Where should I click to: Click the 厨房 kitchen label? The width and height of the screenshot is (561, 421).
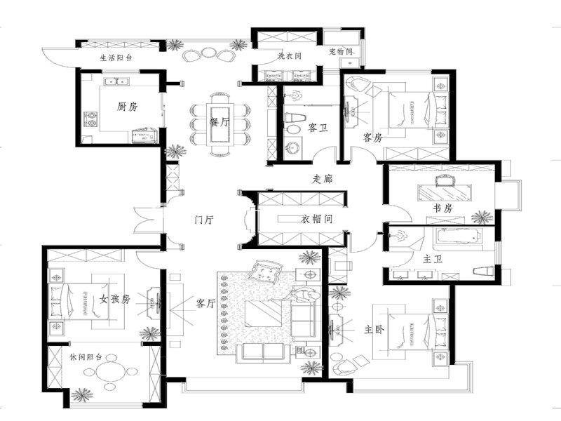tap(127, 107)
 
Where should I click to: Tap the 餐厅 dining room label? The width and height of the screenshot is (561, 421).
tap(219, 121)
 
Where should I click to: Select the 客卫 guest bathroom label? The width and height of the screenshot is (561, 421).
tap(318, 128)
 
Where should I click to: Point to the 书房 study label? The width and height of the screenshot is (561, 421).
tap(443, 208)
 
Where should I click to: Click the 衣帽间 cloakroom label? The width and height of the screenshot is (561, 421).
tap(316, 219)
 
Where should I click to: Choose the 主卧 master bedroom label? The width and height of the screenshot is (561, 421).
tap(374, 329)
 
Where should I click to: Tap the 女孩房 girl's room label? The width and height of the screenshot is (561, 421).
tap(115, 299)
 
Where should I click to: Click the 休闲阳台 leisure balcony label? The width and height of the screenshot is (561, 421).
tap(86, 357)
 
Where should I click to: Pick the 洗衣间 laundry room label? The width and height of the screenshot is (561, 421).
tap(290, 56)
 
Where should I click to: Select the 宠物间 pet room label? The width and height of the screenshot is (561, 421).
tap(341, 51)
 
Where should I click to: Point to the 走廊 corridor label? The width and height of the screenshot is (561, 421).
tap(323, 179)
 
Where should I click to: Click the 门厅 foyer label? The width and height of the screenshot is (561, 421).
tap(204, 219)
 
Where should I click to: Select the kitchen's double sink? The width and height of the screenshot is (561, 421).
tap(116, 81)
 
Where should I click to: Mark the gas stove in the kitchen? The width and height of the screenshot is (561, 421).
tap(90, 119)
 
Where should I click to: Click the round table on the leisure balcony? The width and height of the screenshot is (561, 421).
tap(111, 372)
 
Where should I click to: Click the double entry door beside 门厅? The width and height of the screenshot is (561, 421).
tap(148, 219)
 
